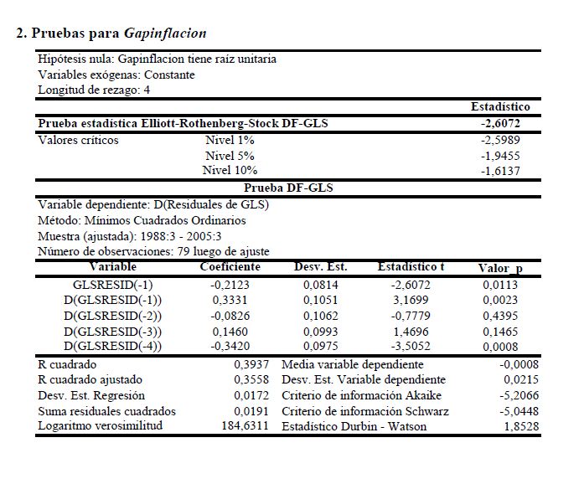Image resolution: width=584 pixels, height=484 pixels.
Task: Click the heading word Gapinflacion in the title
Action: tap(164, 33)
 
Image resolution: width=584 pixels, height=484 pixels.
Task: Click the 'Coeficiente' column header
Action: tap(230, 267)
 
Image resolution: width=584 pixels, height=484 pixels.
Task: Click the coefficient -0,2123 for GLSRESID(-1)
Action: tap(228, 286)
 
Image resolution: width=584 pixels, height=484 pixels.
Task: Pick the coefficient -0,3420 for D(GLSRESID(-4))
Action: tap(228, 346)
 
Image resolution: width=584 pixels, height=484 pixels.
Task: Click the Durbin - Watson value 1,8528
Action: tap(519, 426)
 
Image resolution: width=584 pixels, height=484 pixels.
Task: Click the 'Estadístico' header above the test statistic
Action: tap(500, 107)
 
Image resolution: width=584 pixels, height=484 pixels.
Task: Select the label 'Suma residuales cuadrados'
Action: tap(107, 411)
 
